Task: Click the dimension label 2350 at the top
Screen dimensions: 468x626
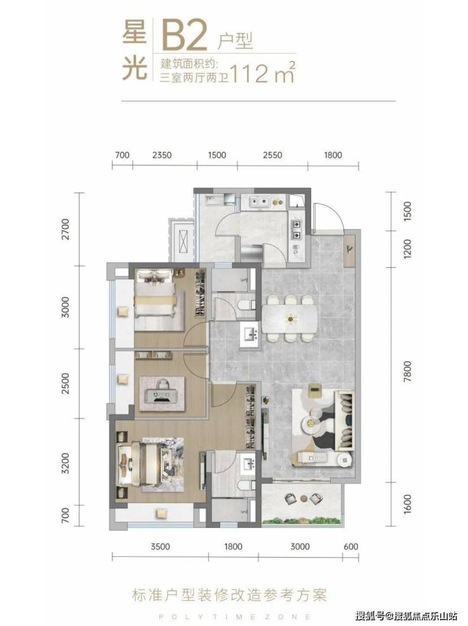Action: [x=161, y=155]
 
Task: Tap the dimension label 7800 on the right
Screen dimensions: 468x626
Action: [x=407, y=372]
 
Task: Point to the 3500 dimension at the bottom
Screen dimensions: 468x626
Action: [x=161, y=546]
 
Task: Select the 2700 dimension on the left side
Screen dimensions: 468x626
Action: [x=65, y=228]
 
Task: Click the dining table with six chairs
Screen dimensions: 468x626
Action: [x=290, y=318]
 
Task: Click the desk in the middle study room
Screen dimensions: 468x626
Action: [x=161, y=394]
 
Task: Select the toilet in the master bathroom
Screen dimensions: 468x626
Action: [x=244, y=485]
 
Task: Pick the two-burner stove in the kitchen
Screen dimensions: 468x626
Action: [x=297, y=230]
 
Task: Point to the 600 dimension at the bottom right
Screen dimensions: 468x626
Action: [x=351, y=546]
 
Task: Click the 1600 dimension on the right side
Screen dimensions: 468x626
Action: [x=407, y=504]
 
